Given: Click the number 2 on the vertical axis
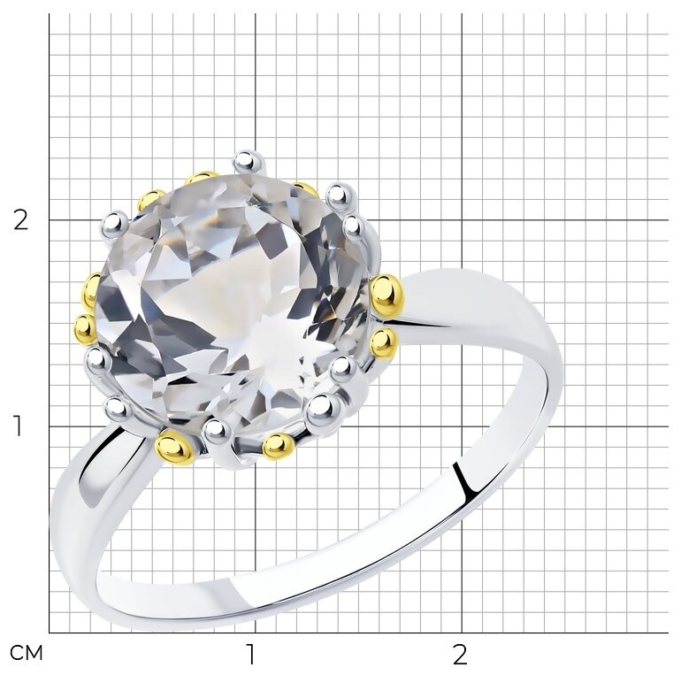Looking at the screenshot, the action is point(20,220).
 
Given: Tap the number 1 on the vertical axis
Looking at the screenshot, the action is point(18,426).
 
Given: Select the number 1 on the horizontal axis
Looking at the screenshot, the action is point(250,654).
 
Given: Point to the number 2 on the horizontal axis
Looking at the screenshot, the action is point(460,654).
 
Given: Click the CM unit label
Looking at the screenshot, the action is point(27,653).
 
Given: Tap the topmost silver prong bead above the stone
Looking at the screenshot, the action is point(249,163).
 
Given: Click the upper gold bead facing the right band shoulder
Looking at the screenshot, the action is point(387,295).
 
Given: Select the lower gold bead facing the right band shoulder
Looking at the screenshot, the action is point(384,343).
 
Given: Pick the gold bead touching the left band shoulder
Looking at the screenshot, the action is point(174,447).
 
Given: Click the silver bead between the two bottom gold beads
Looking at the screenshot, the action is point(217,432).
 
